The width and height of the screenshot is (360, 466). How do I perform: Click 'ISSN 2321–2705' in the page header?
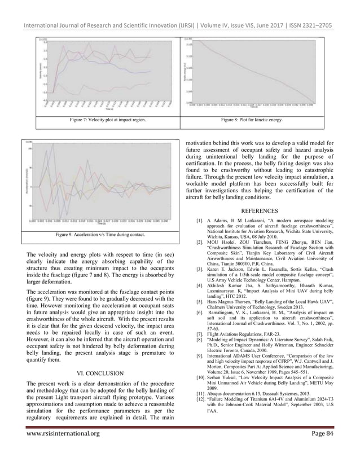(x=319, y=10)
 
